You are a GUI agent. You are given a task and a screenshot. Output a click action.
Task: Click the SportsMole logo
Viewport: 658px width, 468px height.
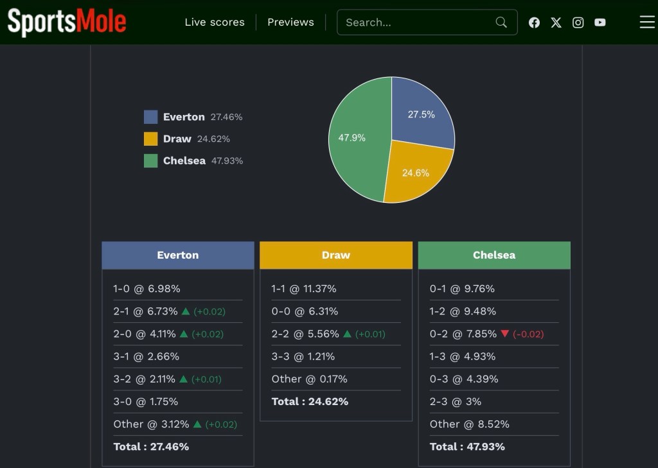coord(67,22)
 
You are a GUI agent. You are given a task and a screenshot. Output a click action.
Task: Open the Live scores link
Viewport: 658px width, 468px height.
coord(215,22)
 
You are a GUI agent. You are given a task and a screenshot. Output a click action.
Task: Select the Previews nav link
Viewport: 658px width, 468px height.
coord(290,22)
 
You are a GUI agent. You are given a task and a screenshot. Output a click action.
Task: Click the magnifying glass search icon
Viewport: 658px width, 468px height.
coord(501,22)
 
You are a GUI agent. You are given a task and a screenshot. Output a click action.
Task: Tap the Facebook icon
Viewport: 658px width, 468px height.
coord(534,22)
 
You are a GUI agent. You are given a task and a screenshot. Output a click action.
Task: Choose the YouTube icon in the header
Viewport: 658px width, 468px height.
coord(600,22)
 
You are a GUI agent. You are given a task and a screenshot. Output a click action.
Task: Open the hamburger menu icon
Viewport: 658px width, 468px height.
coord(647,22)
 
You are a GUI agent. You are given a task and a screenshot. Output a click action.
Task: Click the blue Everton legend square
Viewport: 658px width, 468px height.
coord(150,117)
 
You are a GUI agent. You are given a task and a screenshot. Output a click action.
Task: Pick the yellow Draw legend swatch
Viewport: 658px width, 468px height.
coord(150,139)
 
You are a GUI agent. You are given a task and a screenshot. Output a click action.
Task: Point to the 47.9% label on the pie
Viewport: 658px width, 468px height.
coord(351,138)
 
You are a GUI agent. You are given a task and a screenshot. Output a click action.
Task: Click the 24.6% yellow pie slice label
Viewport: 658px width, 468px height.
coord(416,173)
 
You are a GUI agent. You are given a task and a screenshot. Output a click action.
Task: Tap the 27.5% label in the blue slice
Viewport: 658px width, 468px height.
coord(422,114)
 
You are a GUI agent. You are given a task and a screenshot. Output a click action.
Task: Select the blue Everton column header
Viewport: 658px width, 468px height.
coord(178,256)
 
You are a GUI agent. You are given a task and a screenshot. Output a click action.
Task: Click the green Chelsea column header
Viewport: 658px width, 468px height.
coord(494,256)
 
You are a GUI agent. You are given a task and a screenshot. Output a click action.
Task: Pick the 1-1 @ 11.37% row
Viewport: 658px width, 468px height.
coord(304,289)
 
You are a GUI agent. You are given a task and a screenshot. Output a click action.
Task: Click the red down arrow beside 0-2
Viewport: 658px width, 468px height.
coord(505,334)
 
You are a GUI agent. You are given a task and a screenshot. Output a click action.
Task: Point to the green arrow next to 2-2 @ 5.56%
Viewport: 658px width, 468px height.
coord(347,334)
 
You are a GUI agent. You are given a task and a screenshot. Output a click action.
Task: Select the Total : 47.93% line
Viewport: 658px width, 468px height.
coord(467,447)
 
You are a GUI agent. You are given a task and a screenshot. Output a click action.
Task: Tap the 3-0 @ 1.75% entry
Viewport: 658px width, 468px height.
coord(146,402)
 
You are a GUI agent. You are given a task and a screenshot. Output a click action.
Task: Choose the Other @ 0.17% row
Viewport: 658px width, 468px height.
coord(309,379)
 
